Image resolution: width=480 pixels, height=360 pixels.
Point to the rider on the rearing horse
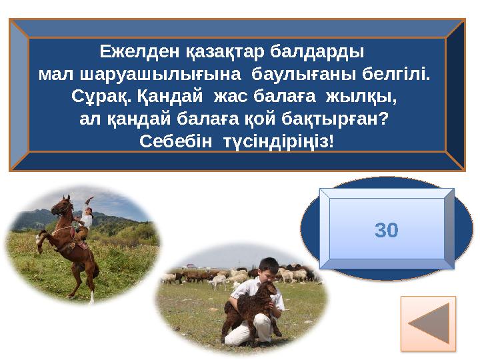click(84, 223)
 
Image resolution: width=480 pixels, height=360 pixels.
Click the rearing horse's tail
click(93, 270)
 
